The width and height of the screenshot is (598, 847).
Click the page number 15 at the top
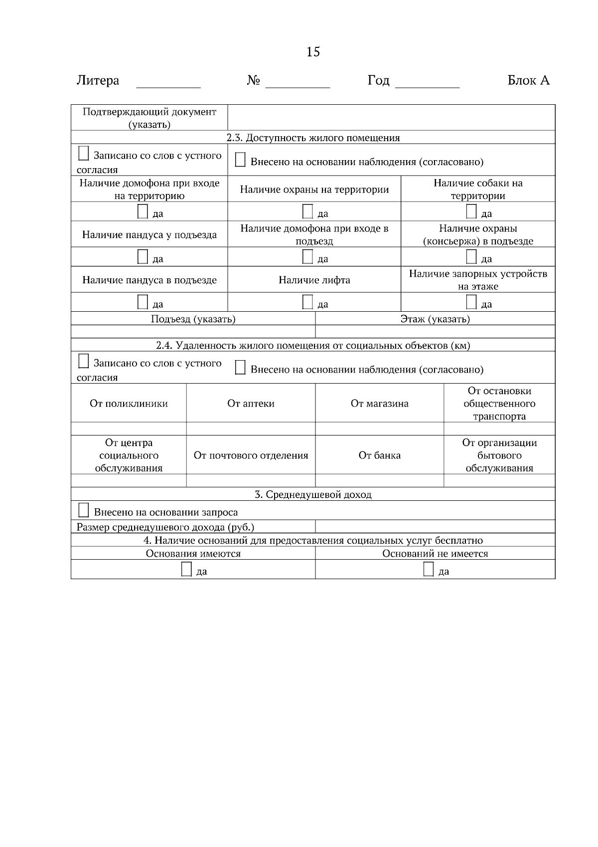313,52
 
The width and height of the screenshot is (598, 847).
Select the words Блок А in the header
528,80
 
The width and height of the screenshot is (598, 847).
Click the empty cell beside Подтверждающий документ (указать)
391,118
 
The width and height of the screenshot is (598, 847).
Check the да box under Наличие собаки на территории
471,212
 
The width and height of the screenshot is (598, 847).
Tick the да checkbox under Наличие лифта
308,302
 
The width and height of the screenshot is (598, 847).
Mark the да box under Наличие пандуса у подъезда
143,257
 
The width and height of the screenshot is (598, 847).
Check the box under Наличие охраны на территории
308,212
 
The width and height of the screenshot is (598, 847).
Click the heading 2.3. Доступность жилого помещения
313,138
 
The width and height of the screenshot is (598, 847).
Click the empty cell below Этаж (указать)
435,332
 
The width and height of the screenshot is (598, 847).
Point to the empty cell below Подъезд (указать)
193,332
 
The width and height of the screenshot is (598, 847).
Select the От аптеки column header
251,404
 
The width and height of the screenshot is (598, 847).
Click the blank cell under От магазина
379,429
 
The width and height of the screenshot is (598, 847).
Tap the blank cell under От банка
379,481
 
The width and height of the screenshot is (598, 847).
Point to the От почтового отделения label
251,455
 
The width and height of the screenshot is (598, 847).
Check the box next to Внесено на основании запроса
84,511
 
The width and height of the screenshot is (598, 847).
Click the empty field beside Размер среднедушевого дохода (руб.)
435,527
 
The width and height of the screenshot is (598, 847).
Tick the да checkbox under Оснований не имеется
429,570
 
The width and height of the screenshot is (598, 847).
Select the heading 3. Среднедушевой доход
313,495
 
